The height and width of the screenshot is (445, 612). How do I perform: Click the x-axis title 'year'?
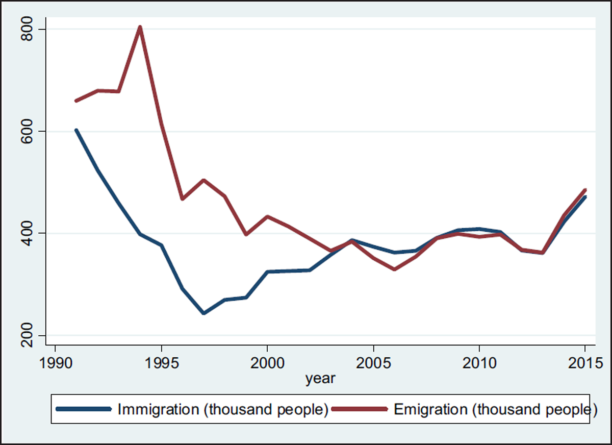[x=320, y=378]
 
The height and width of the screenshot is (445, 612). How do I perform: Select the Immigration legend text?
[x=222, y=409]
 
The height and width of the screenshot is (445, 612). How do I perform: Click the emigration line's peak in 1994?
[x=140, y=27]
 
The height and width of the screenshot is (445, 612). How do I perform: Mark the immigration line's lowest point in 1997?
[x=203, y=313]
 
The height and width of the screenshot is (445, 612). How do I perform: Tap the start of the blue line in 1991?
[x=76, y=130]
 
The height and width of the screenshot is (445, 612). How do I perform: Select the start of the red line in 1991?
[x=76, y=101]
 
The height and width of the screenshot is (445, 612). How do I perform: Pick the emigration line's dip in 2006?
[x=395, y=269]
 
